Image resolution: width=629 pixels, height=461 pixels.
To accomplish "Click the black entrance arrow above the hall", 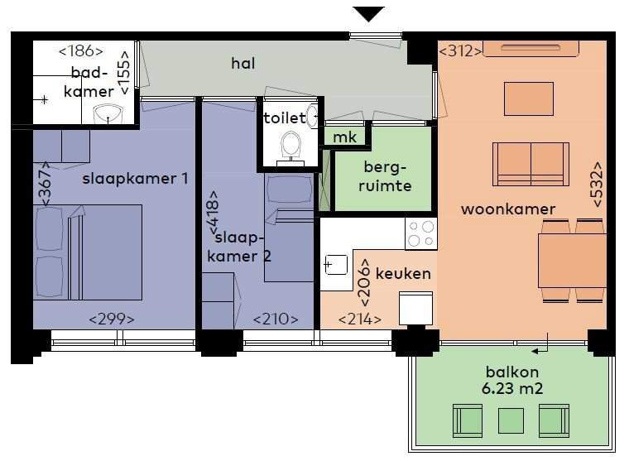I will pyautogui.click(x=368, y=13).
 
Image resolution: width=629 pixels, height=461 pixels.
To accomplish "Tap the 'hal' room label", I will pyautogui.click(x=243, y=62).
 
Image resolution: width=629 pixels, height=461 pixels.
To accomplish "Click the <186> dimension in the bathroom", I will pyautogui.click(x=80, y=51).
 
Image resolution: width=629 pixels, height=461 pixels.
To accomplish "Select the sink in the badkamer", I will pyautogui.click(x=107, y=113).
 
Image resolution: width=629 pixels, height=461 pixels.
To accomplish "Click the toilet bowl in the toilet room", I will pyautogui.click(x=290, y=145).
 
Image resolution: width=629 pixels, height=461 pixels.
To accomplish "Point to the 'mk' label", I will pyautogui.click(x=345, y=137).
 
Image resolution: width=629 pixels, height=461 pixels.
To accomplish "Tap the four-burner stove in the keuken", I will pyautogui.click(x=420, y=233).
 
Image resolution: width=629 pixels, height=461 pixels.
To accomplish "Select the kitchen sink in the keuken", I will pyautogui.click(x=335, y=265).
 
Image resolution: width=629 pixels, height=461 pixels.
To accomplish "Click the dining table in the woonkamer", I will pyautogui.click(x=572, y=260).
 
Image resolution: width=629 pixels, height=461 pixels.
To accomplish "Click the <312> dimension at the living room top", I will pyautogui.click(x=460, y=51).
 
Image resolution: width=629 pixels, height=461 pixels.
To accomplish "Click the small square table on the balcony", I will pyautogui.click(x=507, y=420).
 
